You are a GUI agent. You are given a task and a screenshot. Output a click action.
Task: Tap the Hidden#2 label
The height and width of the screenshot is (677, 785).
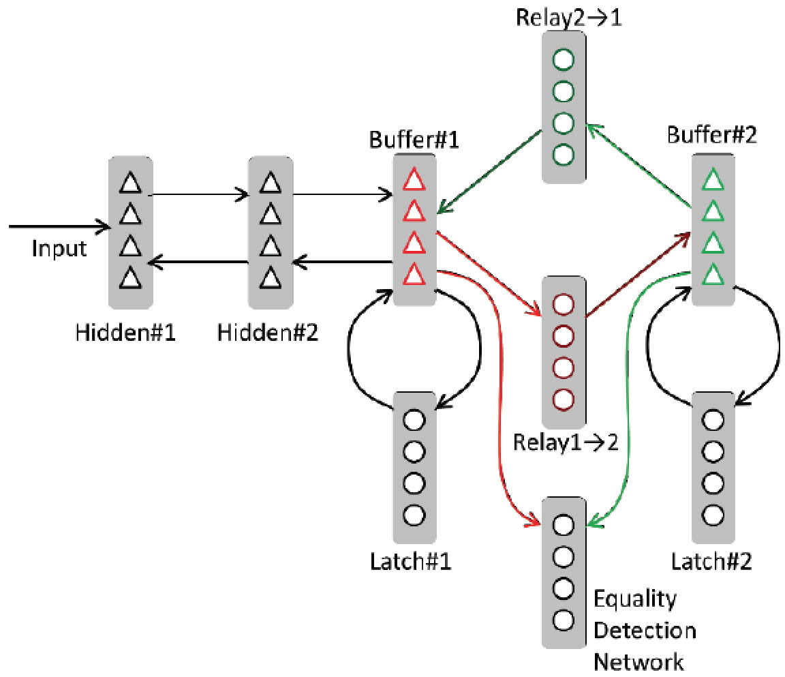click(267, 333)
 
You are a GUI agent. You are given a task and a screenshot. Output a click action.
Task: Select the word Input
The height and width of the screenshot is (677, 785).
click(59, 248)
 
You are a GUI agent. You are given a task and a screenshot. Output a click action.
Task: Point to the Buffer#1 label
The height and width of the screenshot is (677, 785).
click(414, 140)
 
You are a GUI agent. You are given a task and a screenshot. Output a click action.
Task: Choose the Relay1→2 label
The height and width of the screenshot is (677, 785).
click(565, 442)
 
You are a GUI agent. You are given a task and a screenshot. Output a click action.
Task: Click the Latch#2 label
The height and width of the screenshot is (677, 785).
click(711, 562)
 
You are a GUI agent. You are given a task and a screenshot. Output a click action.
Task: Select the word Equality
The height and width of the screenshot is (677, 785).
click(635, 599)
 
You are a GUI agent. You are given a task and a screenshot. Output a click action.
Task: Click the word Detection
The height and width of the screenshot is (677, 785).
click(645, 630)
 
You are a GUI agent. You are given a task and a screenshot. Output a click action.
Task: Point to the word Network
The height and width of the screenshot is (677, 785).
click(639, 661)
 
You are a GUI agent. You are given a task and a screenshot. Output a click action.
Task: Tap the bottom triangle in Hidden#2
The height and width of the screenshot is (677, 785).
click(271, 276)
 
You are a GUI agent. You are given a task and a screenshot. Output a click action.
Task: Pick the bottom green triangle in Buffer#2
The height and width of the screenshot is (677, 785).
click(713, 274)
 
